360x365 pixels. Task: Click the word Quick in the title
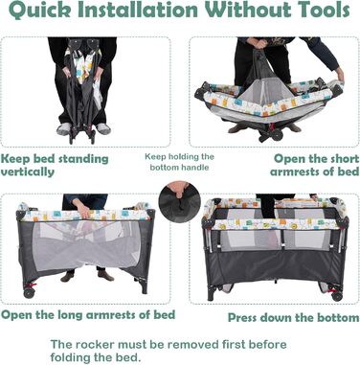point(39,11)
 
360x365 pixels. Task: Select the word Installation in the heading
point(138,10)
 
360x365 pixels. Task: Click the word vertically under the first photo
point(28,172)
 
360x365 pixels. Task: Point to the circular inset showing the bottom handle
point(180,201)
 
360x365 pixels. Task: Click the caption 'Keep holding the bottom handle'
point(180,162)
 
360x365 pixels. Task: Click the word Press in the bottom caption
point(242,318)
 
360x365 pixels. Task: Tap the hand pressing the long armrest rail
point(83,210)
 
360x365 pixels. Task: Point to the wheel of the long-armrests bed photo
point(29,293)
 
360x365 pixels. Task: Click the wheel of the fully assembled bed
point(337,296)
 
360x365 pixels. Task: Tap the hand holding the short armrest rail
point(340,75)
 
